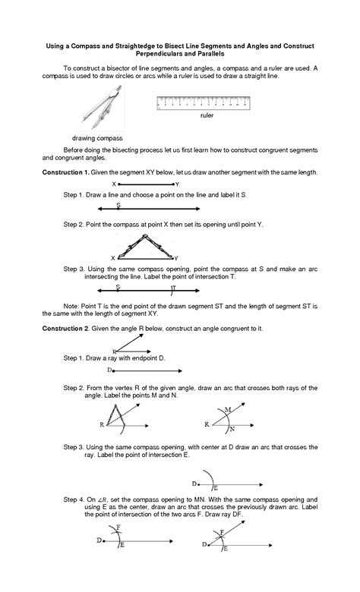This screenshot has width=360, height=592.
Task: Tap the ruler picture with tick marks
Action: pos(206,102)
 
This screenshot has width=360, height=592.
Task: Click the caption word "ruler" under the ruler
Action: pos(206,116)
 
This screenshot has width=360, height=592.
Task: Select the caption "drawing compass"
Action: pos(96,138)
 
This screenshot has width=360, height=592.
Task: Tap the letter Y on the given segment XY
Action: pos(177,184)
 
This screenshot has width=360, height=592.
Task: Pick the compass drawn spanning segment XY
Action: pos(147,245)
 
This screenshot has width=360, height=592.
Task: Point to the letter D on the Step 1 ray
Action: pos(109,370)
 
